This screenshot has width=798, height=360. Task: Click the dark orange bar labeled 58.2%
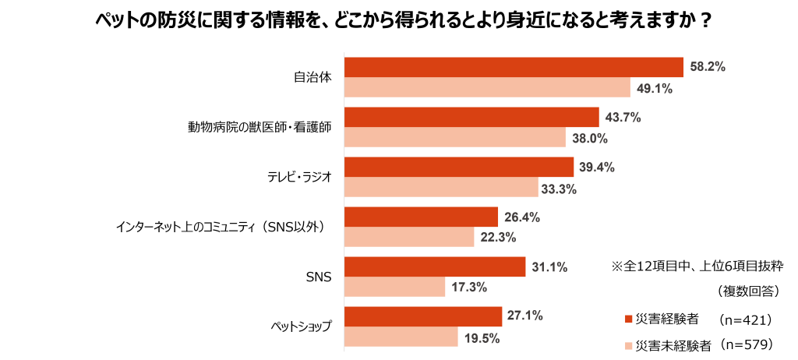coord(514,68)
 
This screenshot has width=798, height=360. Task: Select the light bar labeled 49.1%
coord(487,88)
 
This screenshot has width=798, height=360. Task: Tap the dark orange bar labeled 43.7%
coord(471,118)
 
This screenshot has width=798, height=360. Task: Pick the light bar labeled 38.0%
coord(454,138)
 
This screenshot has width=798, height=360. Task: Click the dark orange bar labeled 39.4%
coord(459,168)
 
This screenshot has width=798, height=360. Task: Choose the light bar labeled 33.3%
coord(441,188)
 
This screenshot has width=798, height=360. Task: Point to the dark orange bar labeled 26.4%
coord(421,217)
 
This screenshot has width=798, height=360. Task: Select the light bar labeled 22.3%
coord(409,238)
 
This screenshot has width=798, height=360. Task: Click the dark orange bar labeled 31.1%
coord(435,267)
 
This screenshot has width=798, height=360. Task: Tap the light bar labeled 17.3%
coord(394,288)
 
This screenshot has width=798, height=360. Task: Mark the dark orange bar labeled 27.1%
coord(423,316)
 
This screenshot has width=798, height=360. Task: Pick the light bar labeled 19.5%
coord(401,337)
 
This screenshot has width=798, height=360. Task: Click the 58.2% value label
coord(708,68)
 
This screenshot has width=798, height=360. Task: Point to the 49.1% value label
coord(655,89)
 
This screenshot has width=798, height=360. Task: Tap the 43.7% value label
coord(623,118)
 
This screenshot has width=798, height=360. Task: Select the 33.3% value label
coord(558,189)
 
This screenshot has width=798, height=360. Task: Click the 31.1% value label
coord(549,267)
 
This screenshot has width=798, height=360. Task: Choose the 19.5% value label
coord(482,338)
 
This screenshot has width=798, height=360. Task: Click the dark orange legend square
coord(629,319)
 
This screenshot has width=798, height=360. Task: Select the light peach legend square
coord(629,346)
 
